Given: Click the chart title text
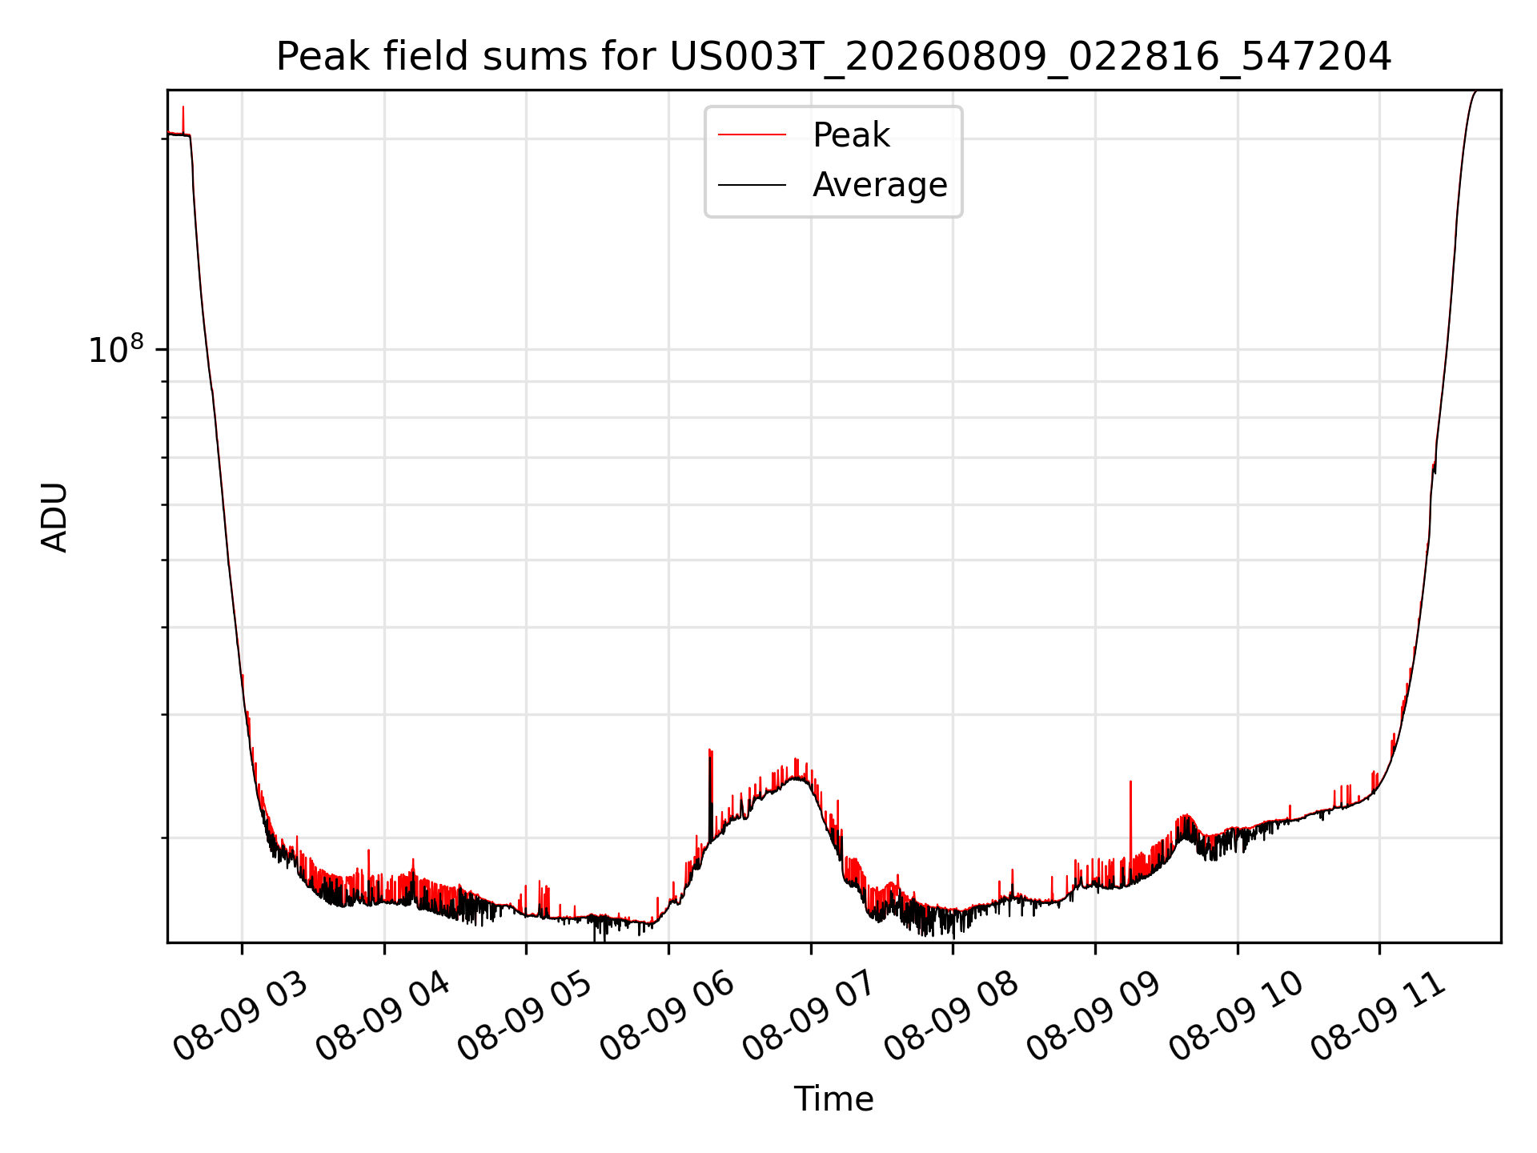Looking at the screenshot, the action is [833, 57].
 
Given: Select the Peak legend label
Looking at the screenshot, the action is [851, 135].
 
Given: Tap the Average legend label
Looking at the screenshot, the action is [880, 185].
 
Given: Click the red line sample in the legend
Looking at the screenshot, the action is [752, 135].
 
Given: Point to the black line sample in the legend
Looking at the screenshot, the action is [752, 185].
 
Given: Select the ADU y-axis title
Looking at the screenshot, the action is [54, 517].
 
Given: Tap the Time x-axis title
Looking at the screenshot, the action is [833, 1099].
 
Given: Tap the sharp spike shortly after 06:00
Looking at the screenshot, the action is [710, 789].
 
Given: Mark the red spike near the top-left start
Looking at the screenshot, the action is [183, 120].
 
